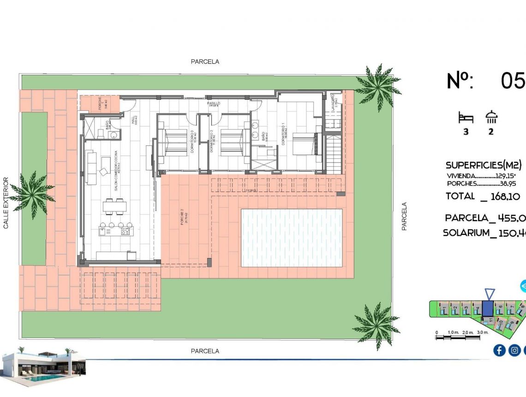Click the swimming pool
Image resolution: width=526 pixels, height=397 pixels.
click(292, 238)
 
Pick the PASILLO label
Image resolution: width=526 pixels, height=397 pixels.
click(213, 104)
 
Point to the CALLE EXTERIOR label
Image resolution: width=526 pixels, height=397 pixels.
click(6, 203)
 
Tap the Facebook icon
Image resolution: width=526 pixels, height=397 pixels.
click(499, 350)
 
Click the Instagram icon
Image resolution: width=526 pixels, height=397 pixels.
click(514, 350)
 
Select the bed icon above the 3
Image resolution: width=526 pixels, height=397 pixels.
click(466, 118)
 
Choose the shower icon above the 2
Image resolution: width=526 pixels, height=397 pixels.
click(491, 117)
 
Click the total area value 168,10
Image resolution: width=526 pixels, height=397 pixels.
click(505, 196)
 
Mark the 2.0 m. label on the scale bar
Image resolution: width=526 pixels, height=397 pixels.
click(468, 332)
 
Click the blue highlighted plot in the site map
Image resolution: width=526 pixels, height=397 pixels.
click(487, 308)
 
